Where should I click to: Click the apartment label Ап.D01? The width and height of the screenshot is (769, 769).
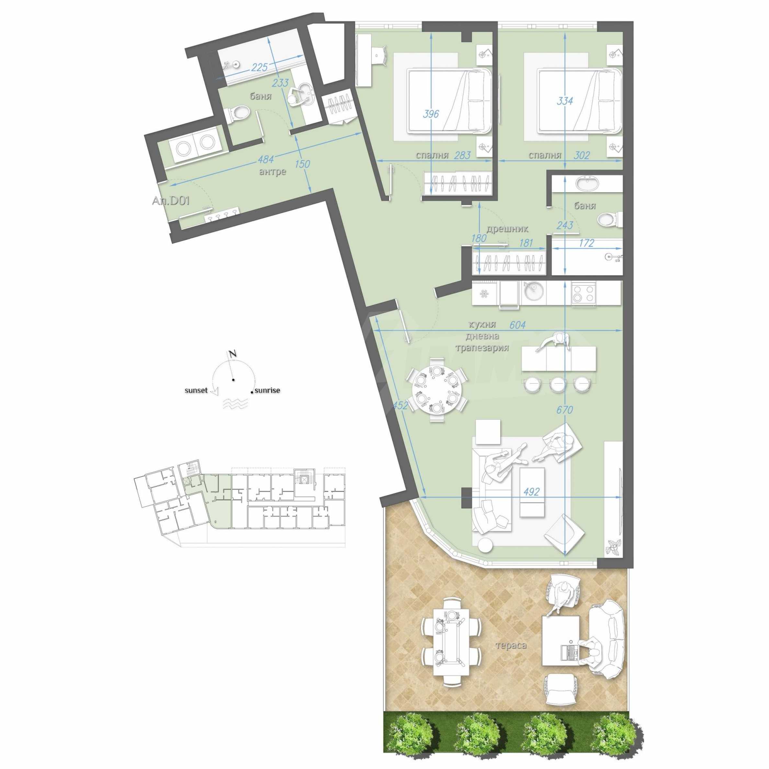coord(171,201)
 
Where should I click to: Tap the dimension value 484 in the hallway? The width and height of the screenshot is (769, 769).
coord(266,159)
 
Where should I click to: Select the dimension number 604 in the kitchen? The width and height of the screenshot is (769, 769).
coord(517,325)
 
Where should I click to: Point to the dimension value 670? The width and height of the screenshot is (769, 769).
coord(564,409)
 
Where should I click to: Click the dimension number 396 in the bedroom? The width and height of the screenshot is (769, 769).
coord(431,114)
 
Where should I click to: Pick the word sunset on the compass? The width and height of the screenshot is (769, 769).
coord(196,390)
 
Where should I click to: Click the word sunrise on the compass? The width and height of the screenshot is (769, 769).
coord(267,390)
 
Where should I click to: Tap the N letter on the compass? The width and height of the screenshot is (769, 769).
coord(233,354)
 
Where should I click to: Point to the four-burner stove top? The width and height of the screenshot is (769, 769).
coord(583,294)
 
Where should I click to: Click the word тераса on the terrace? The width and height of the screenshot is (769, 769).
coord(511,645)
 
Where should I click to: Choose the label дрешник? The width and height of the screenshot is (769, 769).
coord(507,229)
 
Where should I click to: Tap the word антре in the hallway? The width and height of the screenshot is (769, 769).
coord(273,172)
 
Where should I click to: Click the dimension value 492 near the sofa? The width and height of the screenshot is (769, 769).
coord(531,492)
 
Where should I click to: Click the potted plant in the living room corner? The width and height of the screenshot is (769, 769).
coord(613,547)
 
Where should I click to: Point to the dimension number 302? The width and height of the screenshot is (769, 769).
coord(582,155)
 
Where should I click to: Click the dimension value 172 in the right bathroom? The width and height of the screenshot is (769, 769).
coord(586,243)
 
